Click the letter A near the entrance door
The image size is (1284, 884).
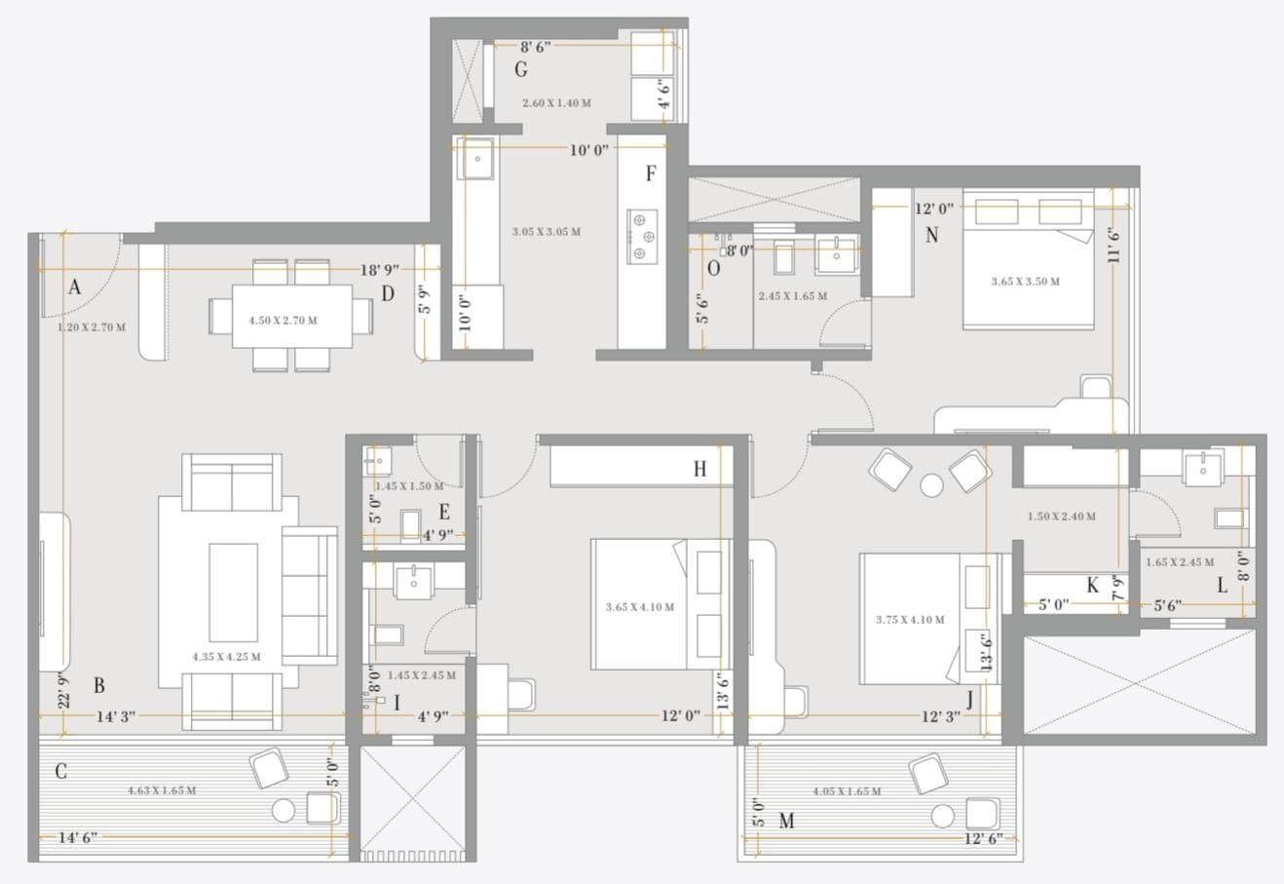click(74, 287)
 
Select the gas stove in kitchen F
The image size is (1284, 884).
click(641, 237)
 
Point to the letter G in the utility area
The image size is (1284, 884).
click(521, 70)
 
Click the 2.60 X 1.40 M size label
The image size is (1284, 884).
click(556, 102)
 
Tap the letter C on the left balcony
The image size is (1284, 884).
click(60, 772)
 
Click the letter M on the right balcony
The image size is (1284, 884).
click(786, 822)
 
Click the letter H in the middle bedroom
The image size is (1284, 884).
click(699, 470)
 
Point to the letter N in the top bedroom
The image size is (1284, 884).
click(931, 235)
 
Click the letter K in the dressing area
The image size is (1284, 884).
click(1092, 586)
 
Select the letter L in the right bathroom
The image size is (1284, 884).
click(1222, 586)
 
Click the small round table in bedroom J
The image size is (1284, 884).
click(932, 484)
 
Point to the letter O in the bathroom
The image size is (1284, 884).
click(713, 269)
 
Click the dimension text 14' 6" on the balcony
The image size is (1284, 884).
click(77, 837)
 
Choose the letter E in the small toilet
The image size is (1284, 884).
click(444, 512)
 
